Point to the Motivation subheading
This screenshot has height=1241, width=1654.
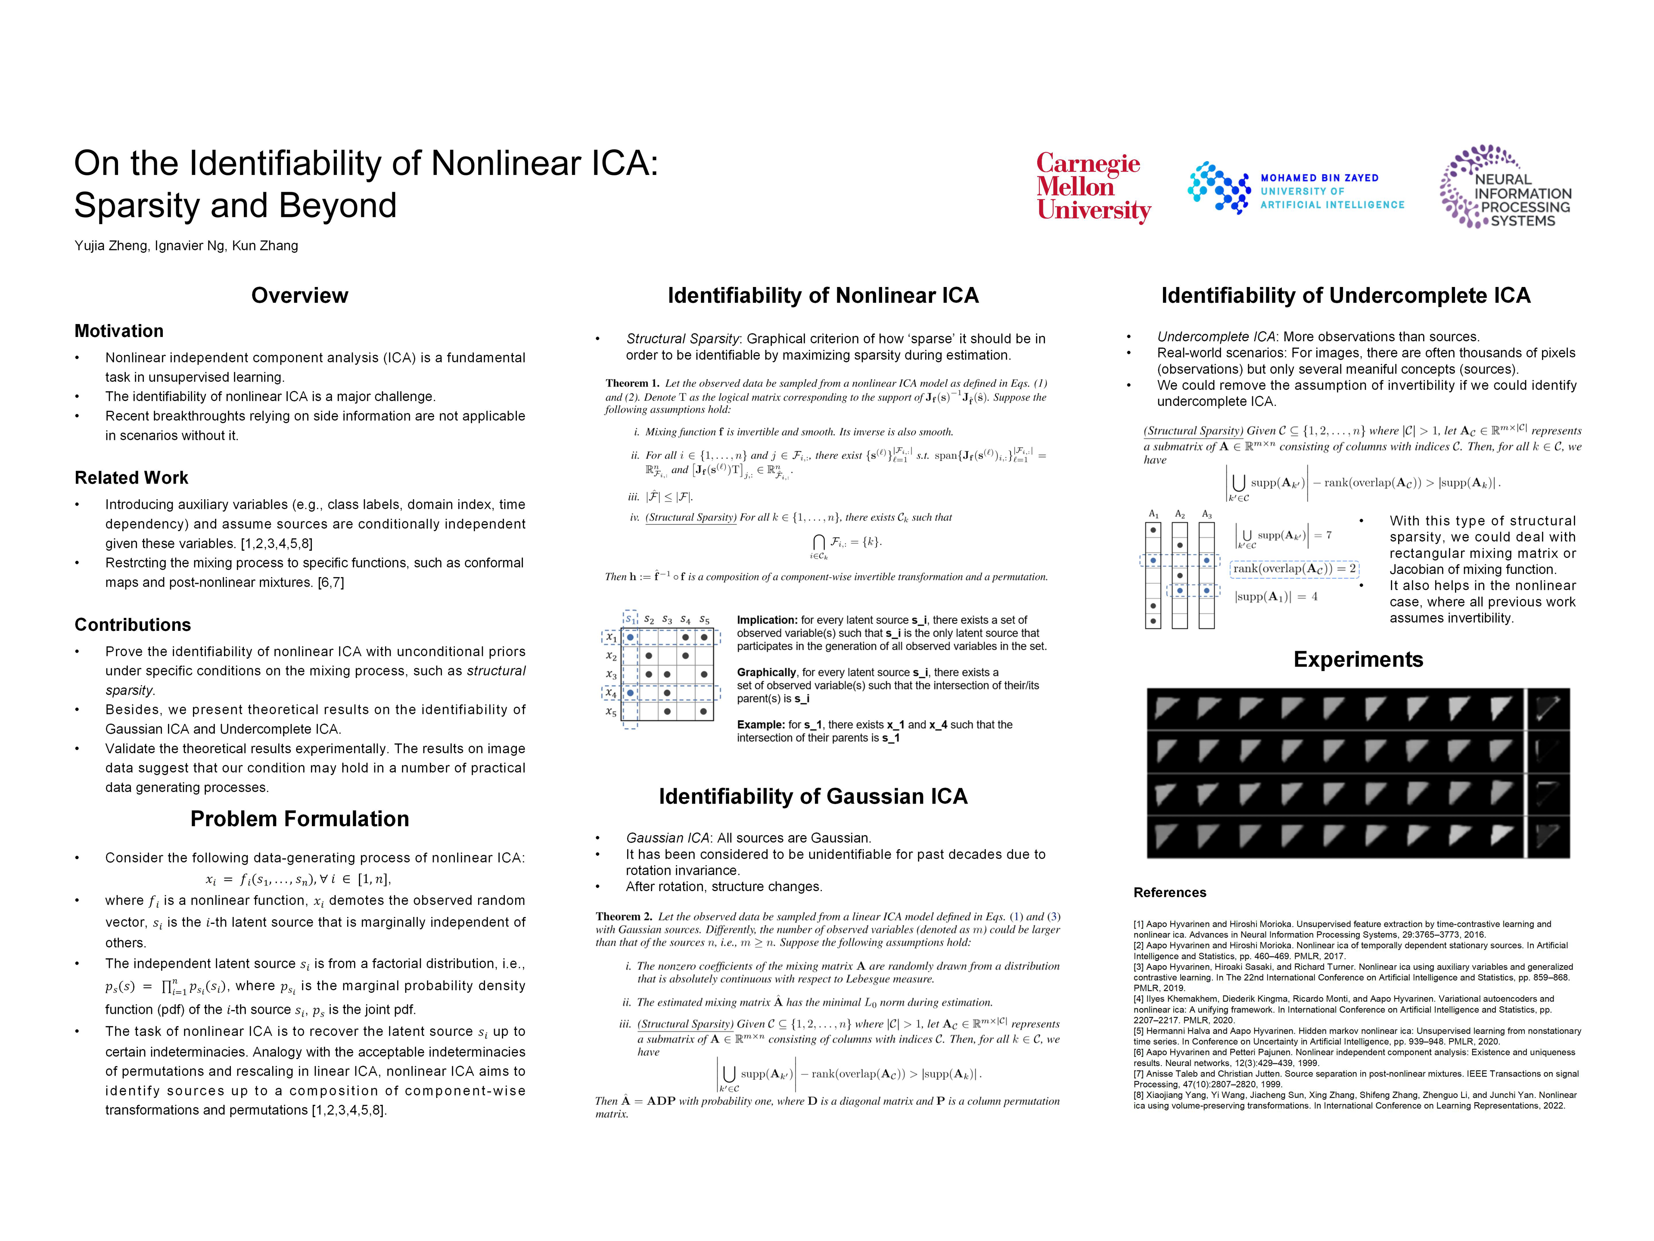click(119, 331)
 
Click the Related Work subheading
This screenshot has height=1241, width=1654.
click(132, 477)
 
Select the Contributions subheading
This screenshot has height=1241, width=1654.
click(132, 625)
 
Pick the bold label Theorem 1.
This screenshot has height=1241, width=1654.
click(632, 383)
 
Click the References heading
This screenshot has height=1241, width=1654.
click(1169, 892)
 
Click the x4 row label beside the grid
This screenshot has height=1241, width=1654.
click(611, 693)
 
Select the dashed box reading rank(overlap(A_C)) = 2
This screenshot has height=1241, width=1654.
click(1293, 568)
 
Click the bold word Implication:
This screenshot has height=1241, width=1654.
click(767, 620)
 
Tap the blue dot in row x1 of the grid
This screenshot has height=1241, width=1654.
click(630, 637)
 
